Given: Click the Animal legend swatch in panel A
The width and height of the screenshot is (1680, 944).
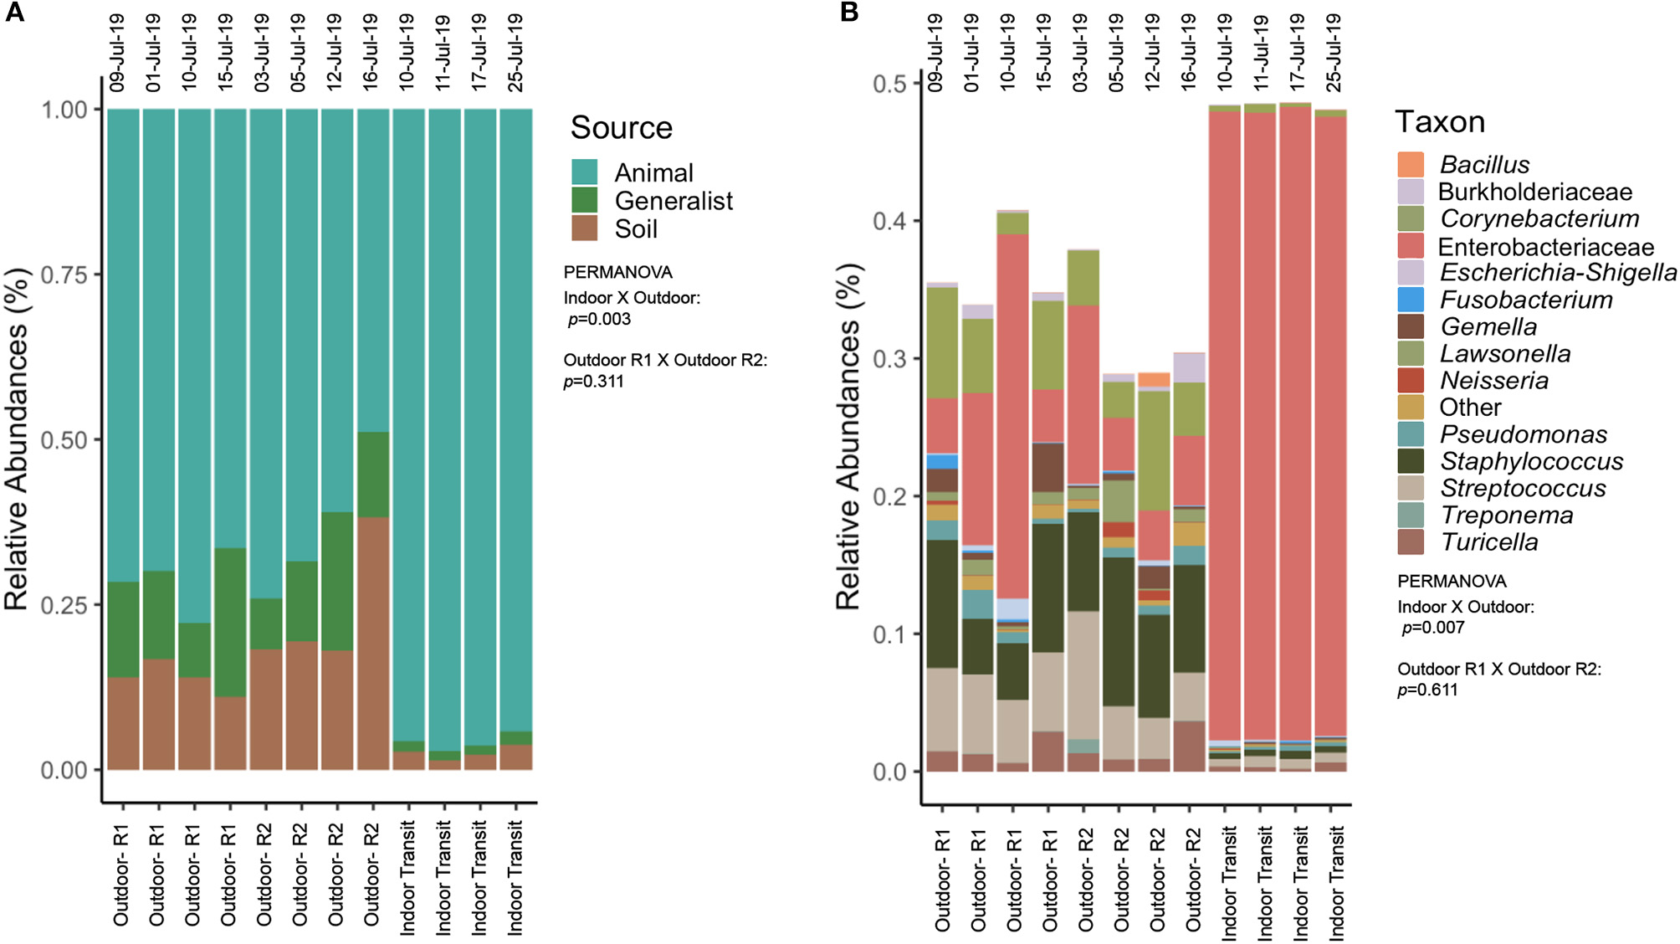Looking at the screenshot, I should coord(584,172).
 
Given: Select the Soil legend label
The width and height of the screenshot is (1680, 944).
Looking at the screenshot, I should coord(636,228).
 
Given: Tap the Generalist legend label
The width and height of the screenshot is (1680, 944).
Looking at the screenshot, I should coord(673,201).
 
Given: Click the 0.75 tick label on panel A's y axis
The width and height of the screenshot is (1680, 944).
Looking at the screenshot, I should coord(64,275).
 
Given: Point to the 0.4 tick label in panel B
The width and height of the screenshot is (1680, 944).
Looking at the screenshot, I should coord(889,221).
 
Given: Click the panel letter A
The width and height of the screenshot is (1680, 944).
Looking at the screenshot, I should coord(14,12).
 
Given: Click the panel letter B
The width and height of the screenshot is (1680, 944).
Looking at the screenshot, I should coord(848,12).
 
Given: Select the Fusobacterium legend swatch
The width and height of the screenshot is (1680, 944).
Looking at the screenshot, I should coord(1411,300).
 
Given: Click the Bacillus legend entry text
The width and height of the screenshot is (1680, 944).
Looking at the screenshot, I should coord(1484,165).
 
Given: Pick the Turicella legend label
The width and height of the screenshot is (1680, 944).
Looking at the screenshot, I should coord(1489,542).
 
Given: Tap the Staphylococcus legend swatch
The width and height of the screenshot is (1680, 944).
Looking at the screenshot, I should coord(1411,461).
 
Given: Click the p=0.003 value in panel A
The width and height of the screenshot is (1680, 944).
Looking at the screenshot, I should coord(599,319).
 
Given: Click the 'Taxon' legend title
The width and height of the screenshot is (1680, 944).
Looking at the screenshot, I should coord(1440,122).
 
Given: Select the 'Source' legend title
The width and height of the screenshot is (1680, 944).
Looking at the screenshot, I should coord(621,128).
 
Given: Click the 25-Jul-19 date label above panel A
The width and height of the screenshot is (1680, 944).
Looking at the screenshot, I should coord(515,52).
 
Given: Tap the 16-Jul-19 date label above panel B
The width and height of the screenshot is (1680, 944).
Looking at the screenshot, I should coord(1188,52).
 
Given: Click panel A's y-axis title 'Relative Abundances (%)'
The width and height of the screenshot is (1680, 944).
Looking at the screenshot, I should coord(17,439).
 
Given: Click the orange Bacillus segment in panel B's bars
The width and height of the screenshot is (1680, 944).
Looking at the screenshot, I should coord(1155,380).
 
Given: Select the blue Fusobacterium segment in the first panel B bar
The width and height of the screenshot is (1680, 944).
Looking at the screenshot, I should coord(943,461).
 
